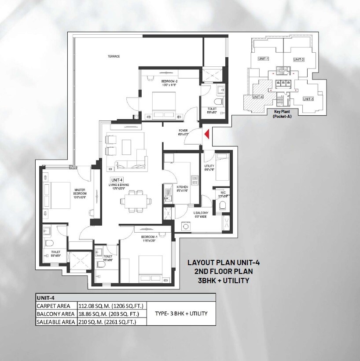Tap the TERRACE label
pos(114,56)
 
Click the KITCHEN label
pos(182,188)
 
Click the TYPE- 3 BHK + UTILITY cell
pos(180,314)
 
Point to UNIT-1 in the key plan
pos(263,58)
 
